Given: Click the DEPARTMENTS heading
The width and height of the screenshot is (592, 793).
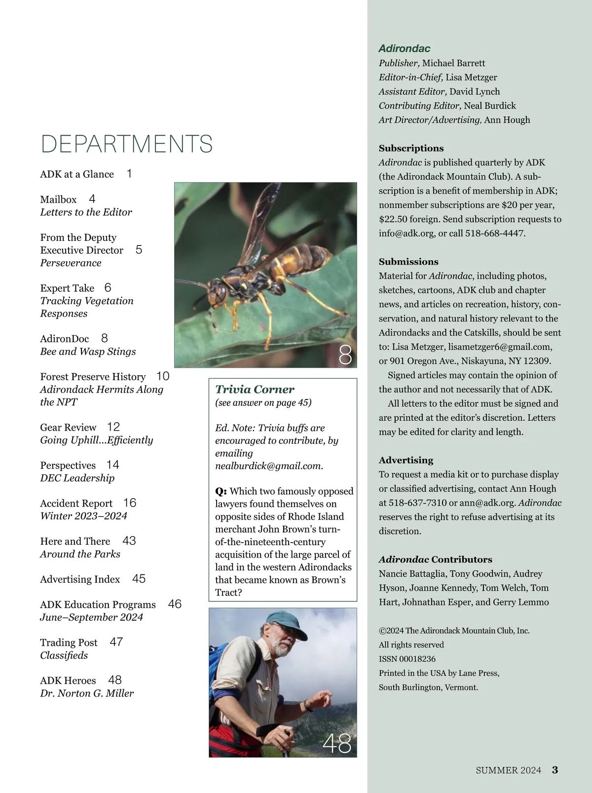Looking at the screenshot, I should tap(126, 144).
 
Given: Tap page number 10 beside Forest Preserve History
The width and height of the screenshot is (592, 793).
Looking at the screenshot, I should tap(163, 376).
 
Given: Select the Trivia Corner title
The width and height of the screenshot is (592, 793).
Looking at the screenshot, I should tap(255, 389).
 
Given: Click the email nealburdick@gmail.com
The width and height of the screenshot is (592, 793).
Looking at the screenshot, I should tap(268, 466).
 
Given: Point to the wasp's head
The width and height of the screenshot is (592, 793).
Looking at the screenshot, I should tap(218, 287).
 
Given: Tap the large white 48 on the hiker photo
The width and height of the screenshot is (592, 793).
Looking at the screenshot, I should tap(337, 744).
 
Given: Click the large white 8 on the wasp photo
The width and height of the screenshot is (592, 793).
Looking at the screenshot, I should tap(345, 355).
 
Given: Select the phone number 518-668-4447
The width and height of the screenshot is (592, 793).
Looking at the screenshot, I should tap(495, 233).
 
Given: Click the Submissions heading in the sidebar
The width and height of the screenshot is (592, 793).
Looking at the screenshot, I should tap(408, 262).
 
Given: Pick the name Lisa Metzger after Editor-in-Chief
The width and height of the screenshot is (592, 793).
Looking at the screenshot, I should tap(471, 78).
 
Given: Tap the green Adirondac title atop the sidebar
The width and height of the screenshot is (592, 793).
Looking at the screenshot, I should tap(405, 48).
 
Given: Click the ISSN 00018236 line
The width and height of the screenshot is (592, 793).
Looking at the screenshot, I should tap(407, 659).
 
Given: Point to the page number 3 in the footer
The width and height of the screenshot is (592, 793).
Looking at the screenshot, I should tap(555, 770).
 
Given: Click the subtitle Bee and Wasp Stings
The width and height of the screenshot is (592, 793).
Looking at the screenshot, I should tap(88, 352).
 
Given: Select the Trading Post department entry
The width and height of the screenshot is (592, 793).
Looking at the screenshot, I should tap(69, 642).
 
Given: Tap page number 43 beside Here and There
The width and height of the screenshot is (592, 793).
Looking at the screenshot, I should tap(129, 541).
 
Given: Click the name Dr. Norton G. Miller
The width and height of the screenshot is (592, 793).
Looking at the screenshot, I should tap(87, 693).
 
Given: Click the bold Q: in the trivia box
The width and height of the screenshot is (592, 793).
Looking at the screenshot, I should tap(221, 491).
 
